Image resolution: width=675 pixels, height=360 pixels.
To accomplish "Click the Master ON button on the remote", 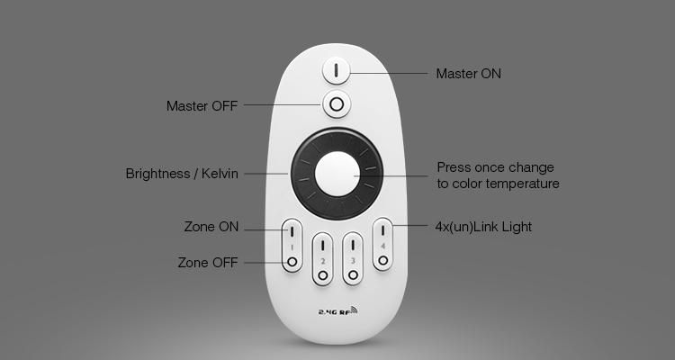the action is [337, 70].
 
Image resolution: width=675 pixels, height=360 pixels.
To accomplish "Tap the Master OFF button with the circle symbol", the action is [337, 104].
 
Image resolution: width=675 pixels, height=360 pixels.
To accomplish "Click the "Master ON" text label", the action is [468, 74].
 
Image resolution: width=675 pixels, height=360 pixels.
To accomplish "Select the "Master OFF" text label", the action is [202, 106].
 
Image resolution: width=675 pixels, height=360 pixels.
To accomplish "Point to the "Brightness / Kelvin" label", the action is [182, 174].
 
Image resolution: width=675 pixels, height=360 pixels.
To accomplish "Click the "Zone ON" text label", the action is [211, 227].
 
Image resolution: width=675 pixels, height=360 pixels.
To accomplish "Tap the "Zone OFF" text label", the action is [208, 263].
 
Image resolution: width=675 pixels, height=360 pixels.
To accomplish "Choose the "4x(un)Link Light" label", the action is [483, 227].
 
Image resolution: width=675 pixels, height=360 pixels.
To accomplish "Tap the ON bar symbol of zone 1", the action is [292, 231].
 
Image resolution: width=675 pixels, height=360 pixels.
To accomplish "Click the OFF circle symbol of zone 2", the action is [322, 275].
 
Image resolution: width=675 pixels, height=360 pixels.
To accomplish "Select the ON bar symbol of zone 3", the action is [353, 245].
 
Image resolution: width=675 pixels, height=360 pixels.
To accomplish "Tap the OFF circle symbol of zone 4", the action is [383, 260].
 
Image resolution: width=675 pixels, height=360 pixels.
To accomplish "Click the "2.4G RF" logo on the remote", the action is [337, 310].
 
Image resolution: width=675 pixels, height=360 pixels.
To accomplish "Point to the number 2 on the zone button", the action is [323, 261].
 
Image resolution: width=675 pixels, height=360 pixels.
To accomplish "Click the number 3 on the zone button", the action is [353, 261].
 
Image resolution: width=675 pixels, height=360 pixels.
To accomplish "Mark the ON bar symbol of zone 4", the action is [382, 230].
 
